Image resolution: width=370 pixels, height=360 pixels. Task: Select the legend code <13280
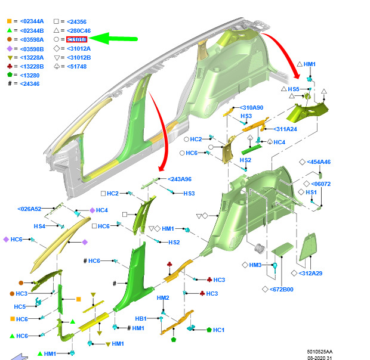click(30, 75)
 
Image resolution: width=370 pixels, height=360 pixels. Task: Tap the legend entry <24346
click(30, 84)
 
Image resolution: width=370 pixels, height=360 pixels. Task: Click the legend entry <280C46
click(79, 30)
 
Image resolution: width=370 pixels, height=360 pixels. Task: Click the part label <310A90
click(251, 108)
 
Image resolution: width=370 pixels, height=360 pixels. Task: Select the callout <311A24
click(285, 129)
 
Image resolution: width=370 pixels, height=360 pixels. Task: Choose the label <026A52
click(29, 209)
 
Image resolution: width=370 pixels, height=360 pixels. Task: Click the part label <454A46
click(318, 162)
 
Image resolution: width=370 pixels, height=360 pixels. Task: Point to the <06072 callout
click(320, 184)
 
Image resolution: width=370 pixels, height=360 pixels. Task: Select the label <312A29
click(310, 273)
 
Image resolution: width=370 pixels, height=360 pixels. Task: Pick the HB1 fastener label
click(141, 318)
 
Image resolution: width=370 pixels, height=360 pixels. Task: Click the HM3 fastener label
click(255, 265)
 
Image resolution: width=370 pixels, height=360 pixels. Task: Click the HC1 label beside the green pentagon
click(218, 330)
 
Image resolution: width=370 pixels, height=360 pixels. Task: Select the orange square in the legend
click(9, 21)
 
